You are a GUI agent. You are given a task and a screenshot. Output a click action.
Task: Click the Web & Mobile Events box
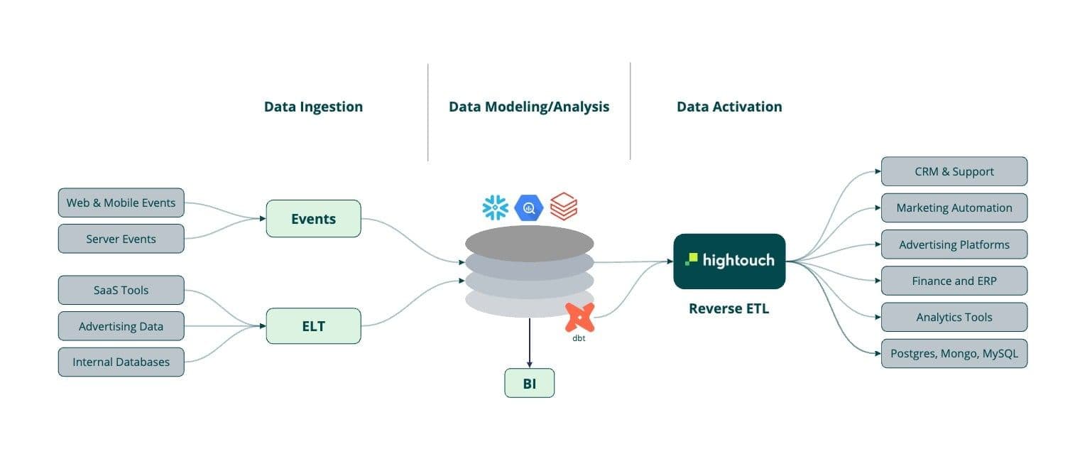pos(121,203)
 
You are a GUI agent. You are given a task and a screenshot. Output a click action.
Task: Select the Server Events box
pos(121,239)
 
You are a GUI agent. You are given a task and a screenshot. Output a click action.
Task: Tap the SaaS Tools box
pos(121,290)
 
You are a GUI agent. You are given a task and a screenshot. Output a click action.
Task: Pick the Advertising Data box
pos(121,326)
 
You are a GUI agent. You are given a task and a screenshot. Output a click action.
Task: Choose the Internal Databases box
pos(121,362)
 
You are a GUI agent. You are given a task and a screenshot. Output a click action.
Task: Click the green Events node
pos(313,219)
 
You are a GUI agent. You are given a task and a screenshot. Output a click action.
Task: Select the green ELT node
pos(313,326)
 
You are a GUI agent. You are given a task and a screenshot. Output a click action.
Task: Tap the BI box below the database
pos(529,384)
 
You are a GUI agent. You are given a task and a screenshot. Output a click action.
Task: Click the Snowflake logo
pos(495,207)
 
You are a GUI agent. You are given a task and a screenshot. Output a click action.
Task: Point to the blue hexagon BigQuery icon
pos(529,207)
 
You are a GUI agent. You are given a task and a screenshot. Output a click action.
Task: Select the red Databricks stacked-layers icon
pos(564,207)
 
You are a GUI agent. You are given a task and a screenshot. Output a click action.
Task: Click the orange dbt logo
pos(579,317)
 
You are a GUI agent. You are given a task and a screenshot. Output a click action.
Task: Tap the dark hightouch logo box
pos(729,261)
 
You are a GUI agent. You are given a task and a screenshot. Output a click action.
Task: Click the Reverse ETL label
pos(729,308)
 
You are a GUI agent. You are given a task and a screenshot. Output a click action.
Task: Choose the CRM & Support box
pos(954,171)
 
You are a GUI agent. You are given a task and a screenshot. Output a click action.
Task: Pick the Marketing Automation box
pos(954,207)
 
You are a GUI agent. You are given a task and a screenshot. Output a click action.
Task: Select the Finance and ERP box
pos(954,281)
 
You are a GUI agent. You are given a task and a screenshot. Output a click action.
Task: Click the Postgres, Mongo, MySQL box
pos(954,353)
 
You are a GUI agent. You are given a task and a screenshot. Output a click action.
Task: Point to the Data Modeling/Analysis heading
pos(529,107)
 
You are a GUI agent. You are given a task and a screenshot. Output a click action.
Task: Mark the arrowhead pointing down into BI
pos(529,365)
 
